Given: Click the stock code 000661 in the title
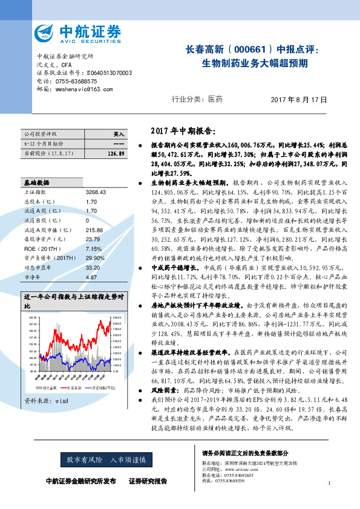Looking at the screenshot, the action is (x=249, y=50).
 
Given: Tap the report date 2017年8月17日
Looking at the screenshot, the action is (x=299, y=100).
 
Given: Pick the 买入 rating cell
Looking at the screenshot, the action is (x=118, y=134).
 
